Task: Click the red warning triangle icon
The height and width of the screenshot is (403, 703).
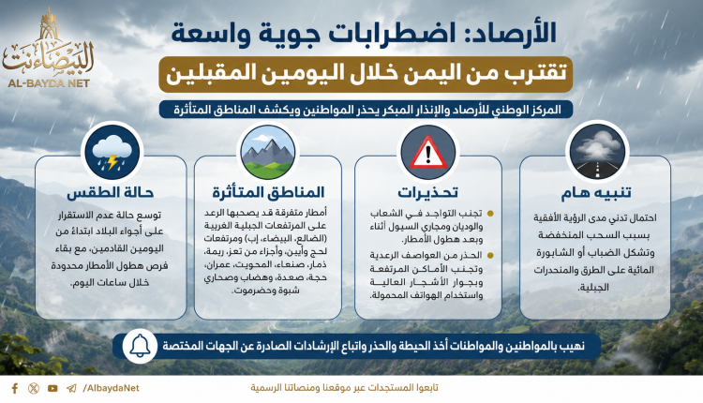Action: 427,153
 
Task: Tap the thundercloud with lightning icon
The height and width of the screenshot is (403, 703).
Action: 112,153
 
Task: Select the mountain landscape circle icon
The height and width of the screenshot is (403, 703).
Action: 268,153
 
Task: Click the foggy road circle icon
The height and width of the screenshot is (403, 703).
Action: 597,152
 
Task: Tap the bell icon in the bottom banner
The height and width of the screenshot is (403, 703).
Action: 140,346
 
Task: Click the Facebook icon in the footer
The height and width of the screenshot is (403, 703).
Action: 15,388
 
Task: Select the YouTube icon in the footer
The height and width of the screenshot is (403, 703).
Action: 52,388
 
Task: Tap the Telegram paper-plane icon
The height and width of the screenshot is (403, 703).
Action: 71,388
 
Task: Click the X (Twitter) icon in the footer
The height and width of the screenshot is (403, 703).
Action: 34,388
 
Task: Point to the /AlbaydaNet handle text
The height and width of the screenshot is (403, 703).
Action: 111,388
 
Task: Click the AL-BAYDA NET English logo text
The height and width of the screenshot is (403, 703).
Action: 49,82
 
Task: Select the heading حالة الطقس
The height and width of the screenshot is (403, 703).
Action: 111,193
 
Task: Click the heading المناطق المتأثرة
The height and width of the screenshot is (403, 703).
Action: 268,193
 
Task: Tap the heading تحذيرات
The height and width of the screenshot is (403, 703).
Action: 427,193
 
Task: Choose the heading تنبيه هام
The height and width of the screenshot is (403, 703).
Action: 596,193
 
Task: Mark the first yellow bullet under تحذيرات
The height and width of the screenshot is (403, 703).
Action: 490,214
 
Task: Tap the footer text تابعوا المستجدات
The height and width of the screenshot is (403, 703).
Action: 409,388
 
